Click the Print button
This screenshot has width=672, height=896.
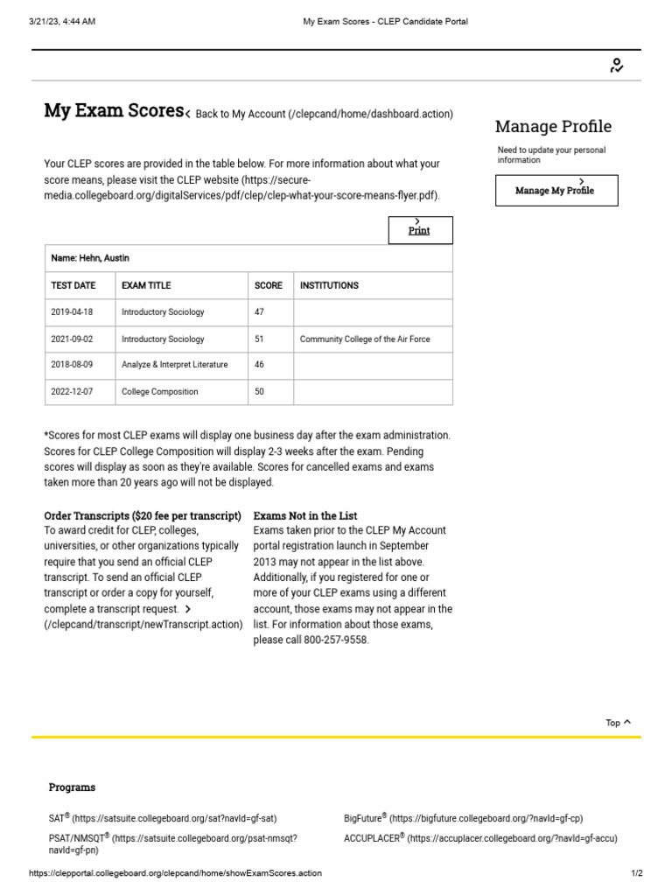(x=420, y=230)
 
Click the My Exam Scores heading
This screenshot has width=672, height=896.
(x=114, y=111)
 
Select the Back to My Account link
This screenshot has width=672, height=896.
(x=324, y=114)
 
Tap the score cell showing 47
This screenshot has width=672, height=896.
(x=260, y=312)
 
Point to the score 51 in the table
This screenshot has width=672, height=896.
(x=260, y=339)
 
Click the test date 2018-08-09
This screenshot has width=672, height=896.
(x=72, y=365)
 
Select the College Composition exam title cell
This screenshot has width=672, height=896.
(x=160, y=392)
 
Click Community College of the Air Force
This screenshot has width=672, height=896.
(x=365, y=339)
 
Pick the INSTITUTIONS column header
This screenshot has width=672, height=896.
(x=329, y=285)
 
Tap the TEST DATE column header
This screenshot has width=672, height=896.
(x=73, y=285)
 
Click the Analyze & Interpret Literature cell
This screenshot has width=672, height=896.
(x=174, y=365)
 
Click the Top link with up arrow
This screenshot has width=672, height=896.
(x=618, y=723)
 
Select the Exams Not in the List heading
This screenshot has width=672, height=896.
(x=305, y=516)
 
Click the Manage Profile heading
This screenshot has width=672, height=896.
(x=553, y=126)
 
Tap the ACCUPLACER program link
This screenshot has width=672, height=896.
(x=480, y=838)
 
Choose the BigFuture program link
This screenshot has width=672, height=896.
(x=463, y=819)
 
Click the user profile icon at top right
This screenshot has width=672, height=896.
(x=617, y=66)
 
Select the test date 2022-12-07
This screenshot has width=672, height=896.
(x=72, y=392)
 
